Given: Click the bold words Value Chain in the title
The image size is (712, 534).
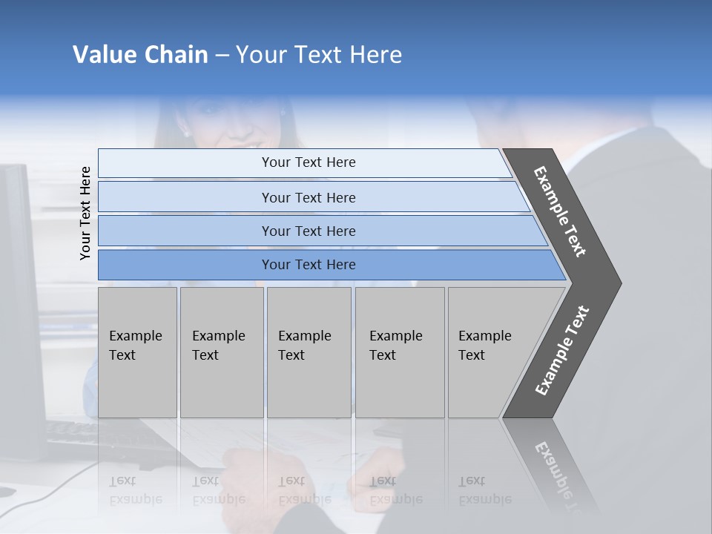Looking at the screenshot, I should tap(140, 55).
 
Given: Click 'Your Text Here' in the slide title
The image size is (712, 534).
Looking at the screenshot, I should tap(319, 55).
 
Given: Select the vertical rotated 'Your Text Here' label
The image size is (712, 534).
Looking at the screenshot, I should tap(85, 213).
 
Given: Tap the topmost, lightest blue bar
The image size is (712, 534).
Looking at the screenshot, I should tap(308, 162).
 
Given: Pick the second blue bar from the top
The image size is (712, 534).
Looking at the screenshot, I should tap(308, 197).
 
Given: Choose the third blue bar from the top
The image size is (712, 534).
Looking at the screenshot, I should tap(308, 231).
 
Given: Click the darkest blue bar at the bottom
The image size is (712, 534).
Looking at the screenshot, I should tap(308, 265).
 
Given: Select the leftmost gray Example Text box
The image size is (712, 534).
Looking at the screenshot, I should tap(137, 352).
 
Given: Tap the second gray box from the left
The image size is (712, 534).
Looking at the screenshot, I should tap(221, 352).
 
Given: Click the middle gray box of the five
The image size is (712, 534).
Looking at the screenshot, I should tap(309, 352).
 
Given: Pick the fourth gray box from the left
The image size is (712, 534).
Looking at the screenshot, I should tap(399, 352).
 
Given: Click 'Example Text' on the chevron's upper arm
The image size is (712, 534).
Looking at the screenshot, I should tap(561, 211).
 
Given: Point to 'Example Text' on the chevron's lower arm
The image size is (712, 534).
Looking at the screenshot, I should tap(562, 350).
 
